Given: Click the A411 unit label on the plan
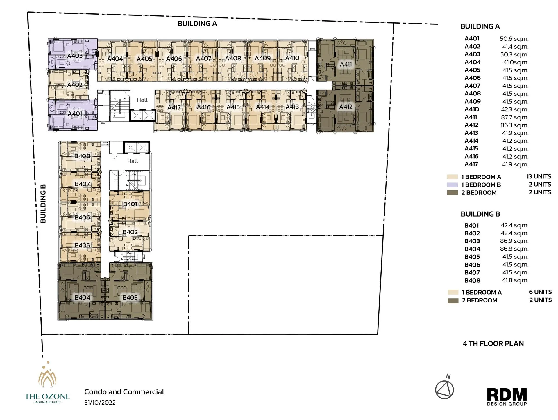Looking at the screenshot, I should click(x=346, y=64).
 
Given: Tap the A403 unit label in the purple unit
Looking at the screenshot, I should click(x=75, y=56).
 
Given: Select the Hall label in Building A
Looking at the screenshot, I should click(x=142, y=100).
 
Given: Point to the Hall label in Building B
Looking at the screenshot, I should click(x=133, y=161).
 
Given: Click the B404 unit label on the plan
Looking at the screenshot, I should click(x=82, y=297).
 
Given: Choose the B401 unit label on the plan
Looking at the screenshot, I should click(x=130, y=204).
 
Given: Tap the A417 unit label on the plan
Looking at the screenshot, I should click(x=174, y=107).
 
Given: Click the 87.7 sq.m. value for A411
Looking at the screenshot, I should click(x=514, y=117).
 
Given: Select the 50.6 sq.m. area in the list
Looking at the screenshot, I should click(x=514, y=39).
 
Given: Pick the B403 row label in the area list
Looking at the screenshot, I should click(x=472, y=241).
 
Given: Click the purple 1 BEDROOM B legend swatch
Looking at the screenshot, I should click(x=452, y=185).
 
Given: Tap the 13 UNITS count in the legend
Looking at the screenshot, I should click(x=539, y=177).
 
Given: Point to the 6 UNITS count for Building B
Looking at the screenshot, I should click(x=540, y=292).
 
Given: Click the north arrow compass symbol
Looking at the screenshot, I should click(x=444, y=389).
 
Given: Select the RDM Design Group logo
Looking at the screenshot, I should click(x=507, y=397).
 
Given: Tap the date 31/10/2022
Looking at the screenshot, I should click(x=100, y=403).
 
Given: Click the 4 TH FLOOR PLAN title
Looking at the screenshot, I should click(x=493, y=344).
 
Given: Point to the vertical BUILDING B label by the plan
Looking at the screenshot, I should click(x=43, y=204).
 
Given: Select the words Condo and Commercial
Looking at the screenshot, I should click(x=124, y=392).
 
